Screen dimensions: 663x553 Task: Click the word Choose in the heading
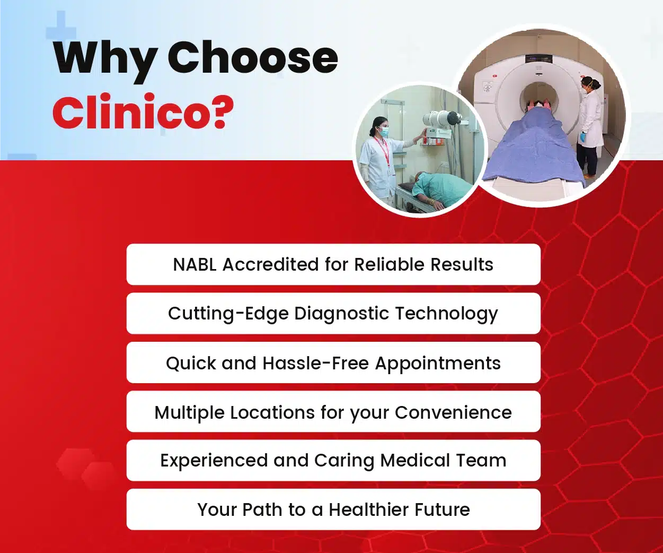253,57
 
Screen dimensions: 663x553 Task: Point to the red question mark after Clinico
222,111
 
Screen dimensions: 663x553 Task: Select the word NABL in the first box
195,265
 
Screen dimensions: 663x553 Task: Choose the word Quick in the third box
191,364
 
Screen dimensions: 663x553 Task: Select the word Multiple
190,413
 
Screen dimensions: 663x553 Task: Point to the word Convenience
453,413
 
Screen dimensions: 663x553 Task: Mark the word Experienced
214,461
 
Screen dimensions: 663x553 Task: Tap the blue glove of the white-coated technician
583,137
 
